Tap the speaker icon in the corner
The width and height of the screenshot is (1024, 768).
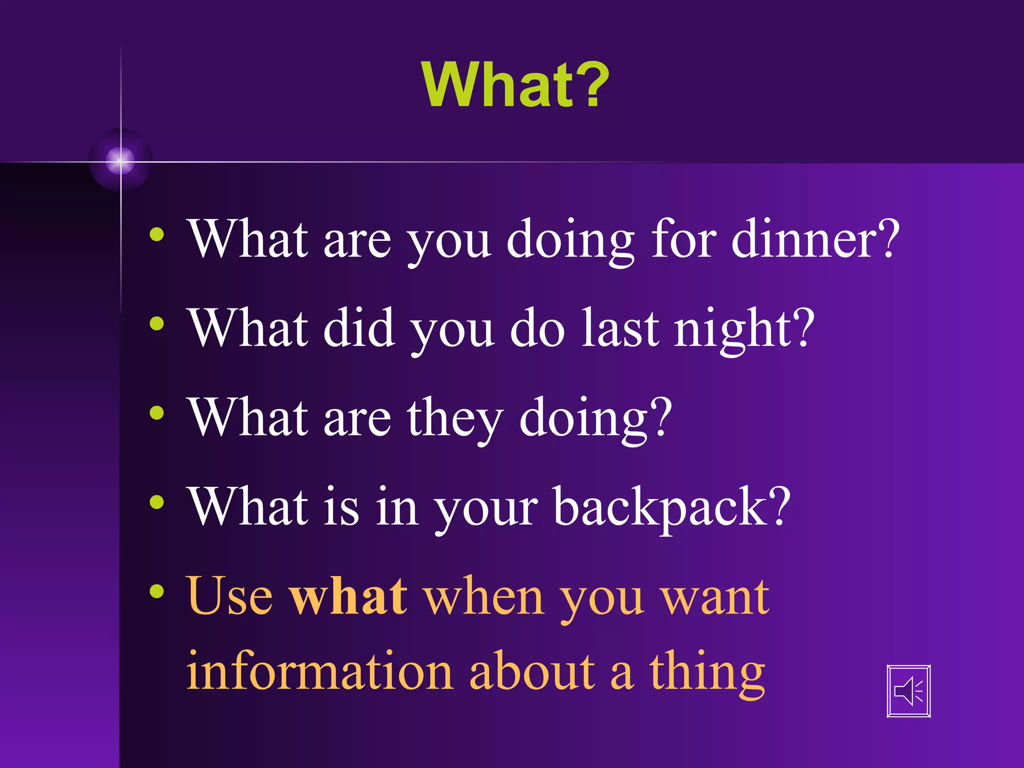[908, 691]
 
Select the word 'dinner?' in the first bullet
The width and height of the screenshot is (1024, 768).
[815, 240]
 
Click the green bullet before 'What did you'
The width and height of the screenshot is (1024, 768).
[156, 323]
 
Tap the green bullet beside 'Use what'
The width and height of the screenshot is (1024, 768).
[156, 591]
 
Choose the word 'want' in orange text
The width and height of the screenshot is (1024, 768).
[715, 597]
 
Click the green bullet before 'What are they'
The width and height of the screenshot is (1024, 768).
[156, 413]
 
